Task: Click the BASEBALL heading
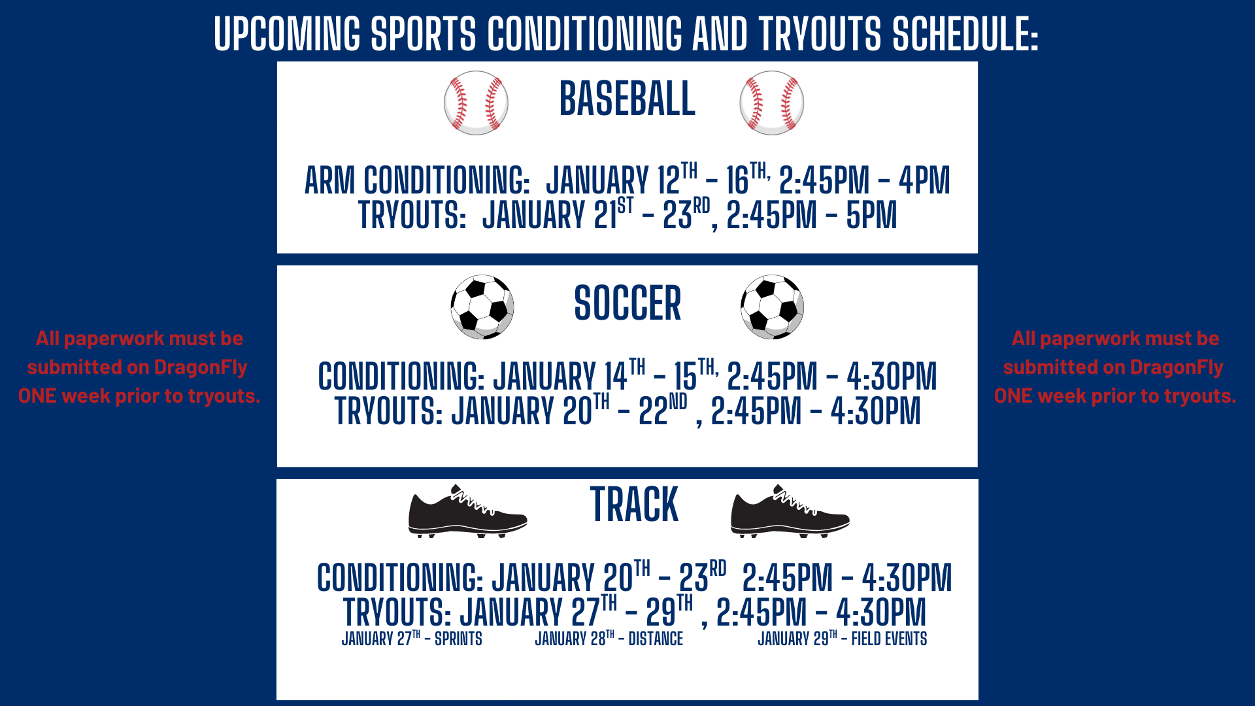(627, 99)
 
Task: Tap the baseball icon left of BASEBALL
(476, 103)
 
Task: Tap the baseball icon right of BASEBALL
(771, 103)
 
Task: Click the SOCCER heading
(627, 304)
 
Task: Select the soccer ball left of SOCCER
(482, 307)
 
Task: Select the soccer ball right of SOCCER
(772, 307)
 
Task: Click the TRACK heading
(634, 505)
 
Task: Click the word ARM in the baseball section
(329, 181)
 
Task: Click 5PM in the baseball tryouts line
(871, 216)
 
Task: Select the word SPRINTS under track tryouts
(458, 639)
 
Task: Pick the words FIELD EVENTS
(889, 639)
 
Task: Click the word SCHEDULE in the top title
(965, 34)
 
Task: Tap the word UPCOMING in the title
(287, 34)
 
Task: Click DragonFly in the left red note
(200, 367)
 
